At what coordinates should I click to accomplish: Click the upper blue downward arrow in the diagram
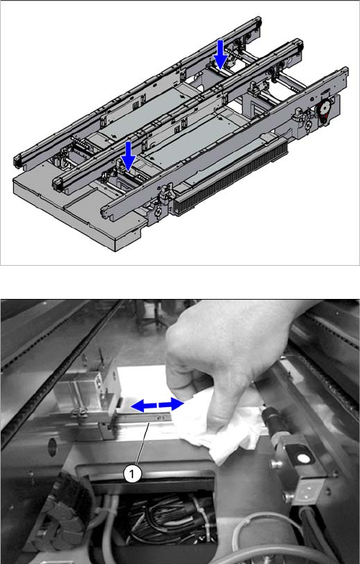(x=220, y=54)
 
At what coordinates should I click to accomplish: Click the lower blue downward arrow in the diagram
(x=128, y=156)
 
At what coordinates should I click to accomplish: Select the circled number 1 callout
(x=132, y=474)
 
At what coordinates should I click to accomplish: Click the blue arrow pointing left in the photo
(x=143, y=406)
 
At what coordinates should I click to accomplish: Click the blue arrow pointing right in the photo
(x=171, y=404)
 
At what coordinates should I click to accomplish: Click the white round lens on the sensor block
(x=305, y=458)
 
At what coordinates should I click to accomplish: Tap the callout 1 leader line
(x=141, y=445)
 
